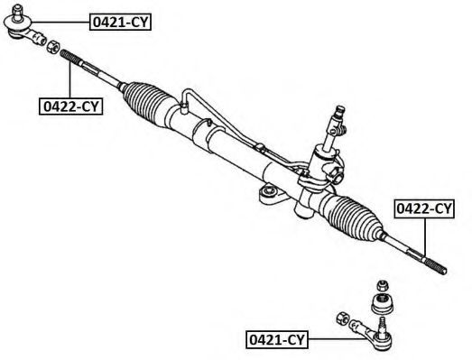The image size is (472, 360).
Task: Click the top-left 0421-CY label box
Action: (x=120, y=22)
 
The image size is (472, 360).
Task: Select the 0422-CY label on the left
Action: (x=70, y=106)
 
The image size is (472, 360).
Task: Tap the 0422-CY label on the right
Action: (x=424, y=208)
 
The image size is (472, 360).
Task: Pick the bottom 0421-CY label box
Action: (x=277, y=339)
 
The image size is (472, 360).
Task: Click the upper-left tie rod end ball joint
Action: (x=16, y=24)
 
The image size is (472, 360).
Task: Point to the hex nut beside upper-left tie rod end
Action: (x=52, y=46)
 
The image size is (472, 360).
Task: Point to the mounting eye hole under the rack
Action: (x=269, y=191)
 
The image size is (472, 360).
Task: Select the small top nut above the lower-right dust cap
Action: (x=382, y=285)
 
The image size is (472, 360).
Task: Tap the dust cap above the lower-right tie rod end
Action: (x=383, y=304)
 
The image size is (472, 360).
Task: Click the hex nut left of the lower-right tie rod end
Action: (x=342, y=318)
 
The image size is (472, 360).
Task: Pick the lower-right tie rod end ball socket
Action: (x=382, y=340)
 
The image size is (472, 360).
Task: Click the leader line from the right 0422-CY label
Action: (x=425, y=238)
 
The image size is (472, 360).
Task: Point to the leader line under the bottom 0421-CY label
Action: (x=338, y=339)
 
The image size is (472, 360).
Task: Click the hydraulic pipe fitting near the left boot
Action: (x=183, y=107)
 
